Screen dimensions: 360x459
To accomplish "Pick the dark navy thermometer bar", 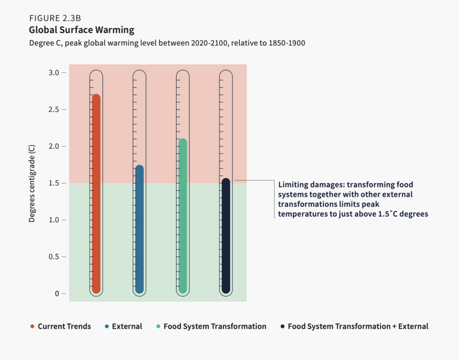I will pyautogui.click(x=226, y=236).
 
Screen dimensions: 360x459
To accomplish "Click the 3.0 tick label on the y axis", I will pyautogui.click(x=53, y=73).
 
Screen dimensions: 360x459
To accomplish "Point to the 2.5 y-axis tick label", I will pyautogui.click(x=53, y=109).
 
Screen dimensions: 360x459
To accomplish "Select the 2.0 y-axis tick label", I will pyautogui.click(x=53, y=146).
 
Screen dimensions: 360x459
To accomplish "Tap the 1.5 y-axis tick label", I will pyautogui.click(x=53, y=183).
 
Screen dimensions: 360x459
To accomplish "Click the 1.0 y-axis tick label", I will pyautogui.click(x=53, y=220).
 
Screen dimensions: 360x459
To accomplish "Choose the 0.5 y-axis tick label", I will pyautogui.click(x=53, y=257).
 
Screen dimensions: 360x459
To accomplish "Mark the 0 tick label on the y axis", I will pyautogui.click(x=57, y=294).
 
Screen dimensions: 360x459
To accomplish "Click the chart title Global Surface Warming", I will pyautogui.click(x=82, y=30).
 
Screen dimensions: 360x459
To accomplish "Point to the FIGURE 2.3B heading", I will pyautogui.click(x=55, y=18).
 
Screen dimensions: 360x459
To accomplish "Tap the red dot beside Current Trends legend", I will pyautogui.click(x=32, y=326).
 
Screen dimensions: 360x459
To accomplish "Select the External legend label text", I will pyautogui.click(x=127, y=326).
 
